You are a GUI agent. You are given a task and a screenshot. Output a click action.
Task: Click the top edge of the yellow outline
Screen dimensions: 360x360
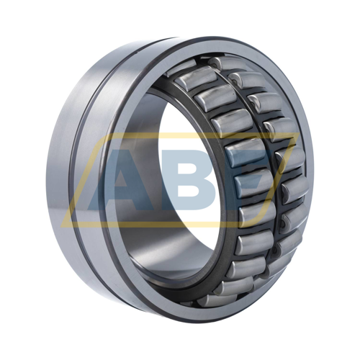pos(216,135)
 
